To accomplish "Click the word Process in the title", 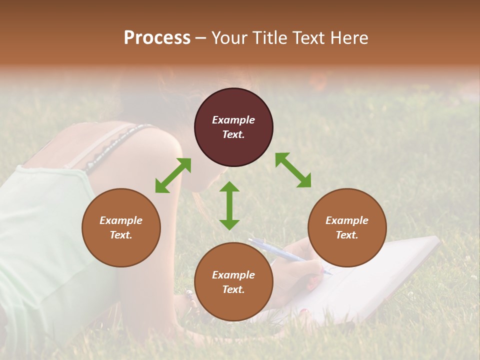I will tap(157, 38).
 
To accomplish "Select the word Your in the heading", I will tap(228, 38).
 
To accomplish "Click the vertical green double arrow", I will tap(229, 205).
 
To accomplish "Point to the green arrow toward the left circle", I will tap(173, 175).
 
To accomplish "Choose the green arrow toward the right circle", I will tap(293, 170).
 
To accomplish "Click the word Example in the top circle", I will tap(233, 120).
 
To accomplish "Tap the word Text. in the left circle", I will tap(121, 235).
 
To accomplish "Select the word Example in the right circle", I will tap(347, 220).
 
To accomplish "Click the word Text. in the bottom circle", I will tap(233, 289).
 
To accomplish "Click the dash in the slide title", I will tap(201, 38).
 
